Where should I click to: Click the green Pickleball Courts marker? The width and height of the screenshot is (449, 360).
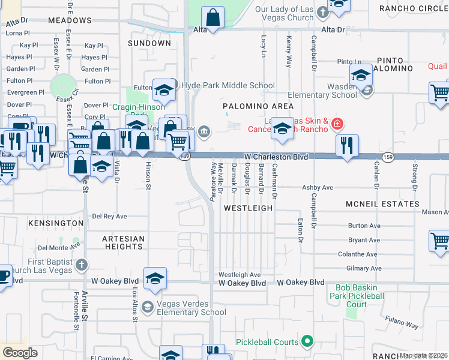pos(307,342)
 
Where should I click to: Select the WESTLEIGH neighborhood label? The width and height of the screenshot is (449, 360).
pos(248,208)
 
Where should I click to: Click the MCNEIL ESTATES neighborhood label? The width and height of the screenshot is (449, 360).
pos(382,204)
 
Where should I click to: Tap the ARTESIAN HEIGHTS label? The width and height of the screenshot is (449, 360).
pos(124,242)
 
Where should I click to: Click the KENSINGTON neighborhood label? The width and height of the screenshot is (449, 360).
pos(55,223)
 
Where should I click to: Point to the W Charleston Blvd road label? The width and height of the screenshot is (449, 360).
pos(276,157)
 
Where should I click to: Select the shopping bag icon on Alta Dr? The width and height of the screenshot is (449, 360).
pos(213,17)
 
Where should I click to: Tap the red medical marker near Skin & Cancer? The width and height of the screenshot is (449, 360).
pos(337,124)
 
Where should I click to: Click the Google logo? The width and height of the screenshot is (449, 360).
pos(20,352)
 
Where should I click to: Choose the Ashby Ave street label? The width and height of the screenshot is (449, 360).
pos(317,188)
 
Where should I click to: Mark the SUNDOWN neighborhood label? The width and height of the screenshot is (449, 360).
pos(149,43)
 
